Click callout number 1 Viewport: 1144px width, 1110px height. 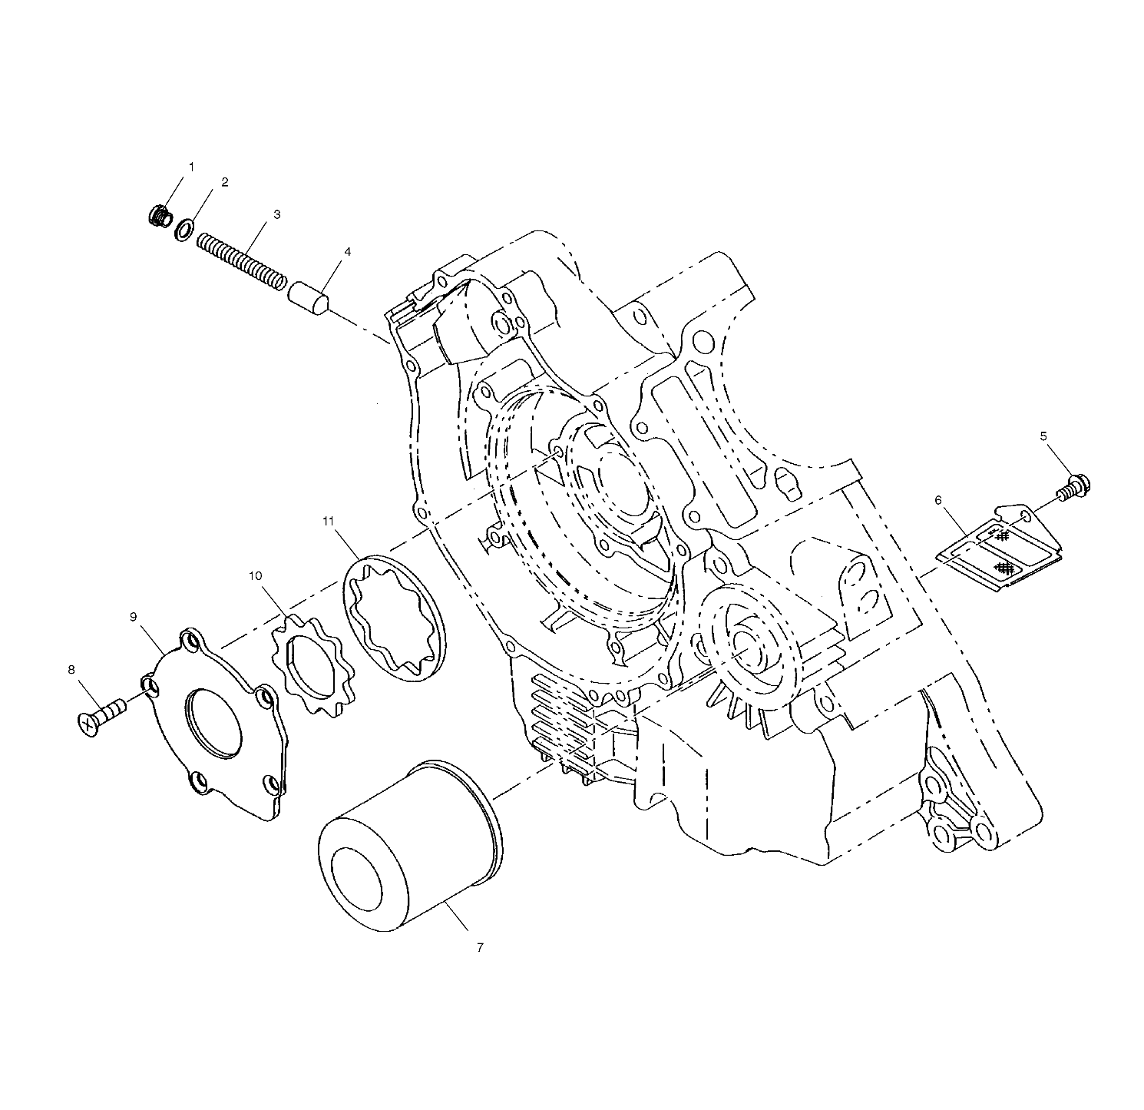click(191, 166)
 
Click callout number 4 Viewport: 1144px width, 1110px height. click(348, 251)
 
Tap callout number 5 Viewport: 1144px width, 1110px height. click(1043, 436)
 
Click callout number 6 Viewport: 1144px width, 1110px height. click(938, 500)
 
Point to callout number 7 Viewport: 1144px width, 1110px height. click(480, 948)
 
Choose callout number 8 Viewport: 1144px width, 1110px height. click(71, 670)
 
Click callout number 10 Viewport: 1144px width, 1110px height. click(255, 575)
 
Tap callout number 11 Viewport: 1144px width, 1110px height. click(329, 522)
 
